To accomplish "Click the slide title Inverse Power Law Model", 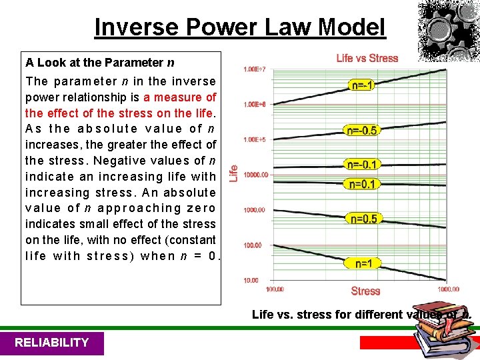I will pyautogui.click(x=240, y=27).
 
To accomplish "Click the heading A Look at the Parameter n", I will pyautogui.click(x=100, y=63).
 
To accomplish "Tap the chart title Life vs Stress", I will pyautogui.click(x=367, y=58).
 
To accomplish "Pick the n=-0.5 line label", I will pyautogui.click(x=362, y=130).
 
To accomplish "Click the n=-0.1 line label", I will pyautogui.click(x=362, y=164).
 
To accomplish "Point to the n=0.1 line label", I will pyautogui.click(x=362, y=184).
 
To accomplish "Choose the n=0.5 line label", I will pyautogui.click(x=362, y=219).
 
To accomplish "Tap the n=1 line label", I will pyautogui.click(x=363, y=263).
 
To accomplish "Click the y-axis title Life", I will pyautogui.click(x=233, y=173).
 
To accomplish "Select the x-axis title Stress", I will pyautogui.click(x=365, y=291).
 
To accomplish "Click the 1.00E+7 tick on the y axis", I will pyautogui.click(x=253, y=69).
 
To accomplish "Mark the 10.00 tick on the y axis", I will pyautogui.click(x=250, y=280).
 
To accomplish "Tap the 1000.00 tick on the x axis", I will pyautogui.click(x=448, y=289).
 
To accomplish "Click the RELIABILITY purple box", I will pyautogui.click(x=52, y=343).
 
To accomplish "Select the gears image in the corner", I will pyautogui.click(x=448, y=30).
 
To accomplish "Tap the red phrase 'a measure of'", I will pyautogui.click(x=179, y=97).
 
